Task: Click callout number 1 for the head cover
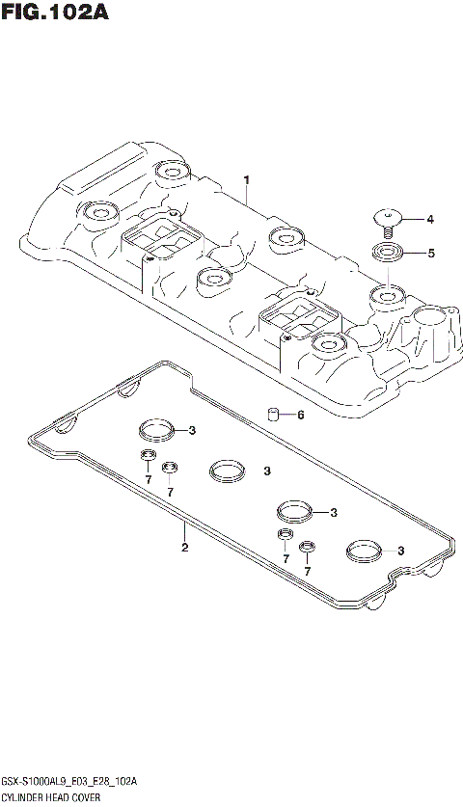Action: [247, 180]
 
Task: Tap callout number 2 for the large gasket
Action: [184, 549]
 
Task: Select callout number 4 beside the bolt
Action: [430, 220]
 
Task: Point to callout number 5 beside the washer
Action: [430, 254]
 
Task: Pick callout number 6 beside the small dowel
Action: [300, 416]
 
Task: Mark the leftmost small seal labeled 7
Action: [149, 456]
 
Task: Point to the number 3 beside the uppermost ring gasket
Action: [193, 430]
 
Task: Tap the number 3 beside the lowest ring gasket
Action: [399, 551]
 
